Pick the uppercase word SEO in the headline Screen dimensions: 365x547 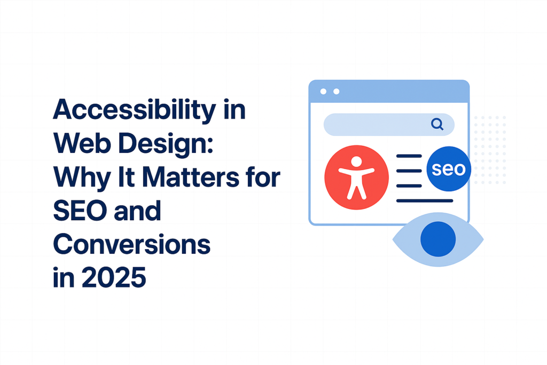(x=82, y=211)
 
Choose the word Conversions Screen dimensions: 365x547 (x=132, y=245)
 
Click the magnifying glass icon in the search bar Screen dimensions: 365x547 (x=437, y=125)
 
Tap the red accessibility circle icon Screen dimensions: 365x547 (x=356, y=177)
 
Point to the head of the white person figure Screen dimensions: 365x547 (x=356, y=161)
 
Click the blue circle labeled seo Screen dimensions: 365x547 (x=449, y=169)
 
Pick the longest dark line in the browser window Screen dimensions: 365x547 (x=425, y=201)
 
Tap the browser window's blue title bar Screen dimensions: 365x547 (x=389, y=91)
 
